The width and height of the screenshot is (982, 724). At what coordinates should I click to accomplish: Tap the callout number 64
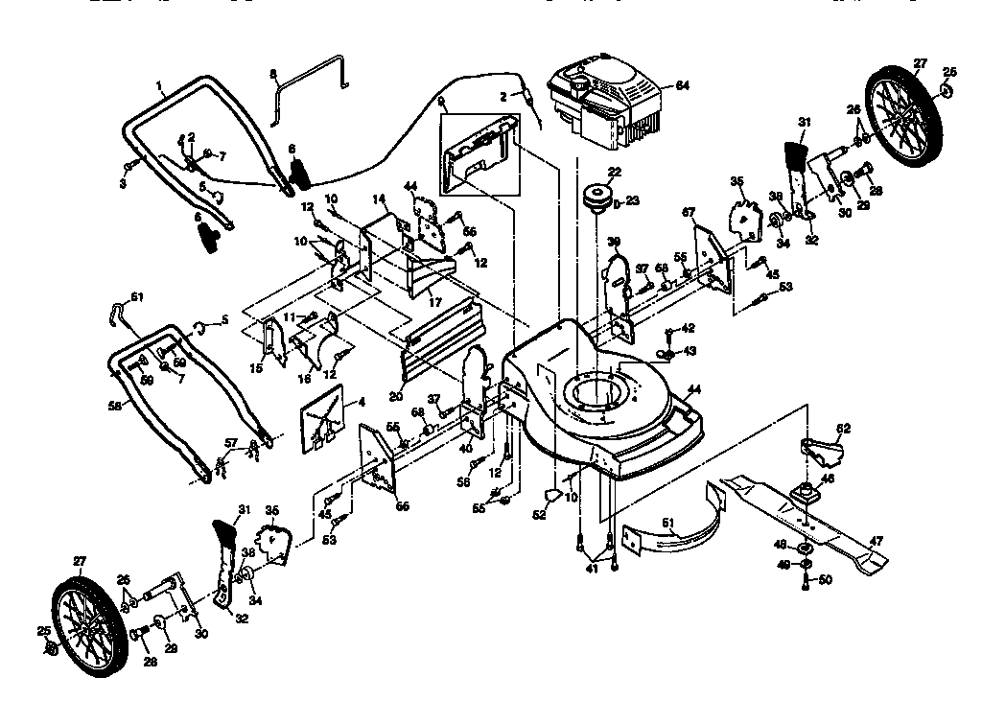(x=682, y=85)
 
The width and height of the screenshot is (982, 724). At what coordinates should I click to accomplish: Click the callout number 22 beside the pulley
(x=614, y=172)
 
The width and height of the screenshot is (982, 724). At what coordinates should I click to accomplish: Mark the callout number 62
(x=843, y=428)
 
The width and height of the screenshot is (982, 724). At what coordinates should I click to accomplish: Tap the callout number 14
(x=379, y=199)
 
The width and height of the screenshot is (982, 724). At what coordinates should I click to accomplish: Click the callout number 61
(x=137, y=297)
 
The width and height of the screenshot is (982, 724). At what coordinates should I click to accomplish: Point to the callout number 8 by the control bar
(x=272, y=73)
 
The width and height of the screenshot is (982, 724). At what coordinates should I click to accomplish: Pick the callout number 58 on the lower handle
(x=114, y=406)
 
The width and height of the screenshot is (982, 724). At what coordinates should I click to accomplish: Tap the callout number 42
(x=688, y=328)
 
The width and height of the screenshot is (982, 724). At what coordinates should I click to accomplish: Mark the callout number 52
(x=539, y=515)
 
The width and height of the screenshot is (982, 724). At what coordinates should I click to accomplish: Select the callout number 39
(x=614, y=241)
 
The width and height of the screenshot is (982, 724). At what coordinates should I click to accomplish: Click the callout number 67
(x=688, y=211)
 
